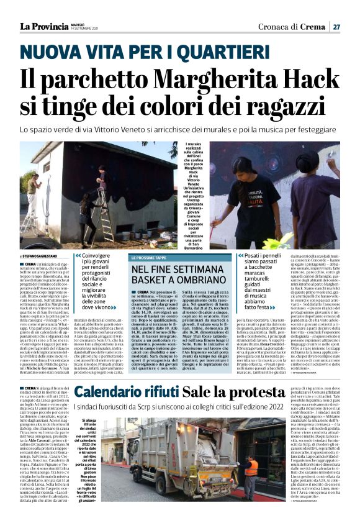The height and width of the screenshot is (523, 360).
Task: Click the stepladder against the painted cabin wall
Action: pyautogui.click(x=106, y=211)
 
